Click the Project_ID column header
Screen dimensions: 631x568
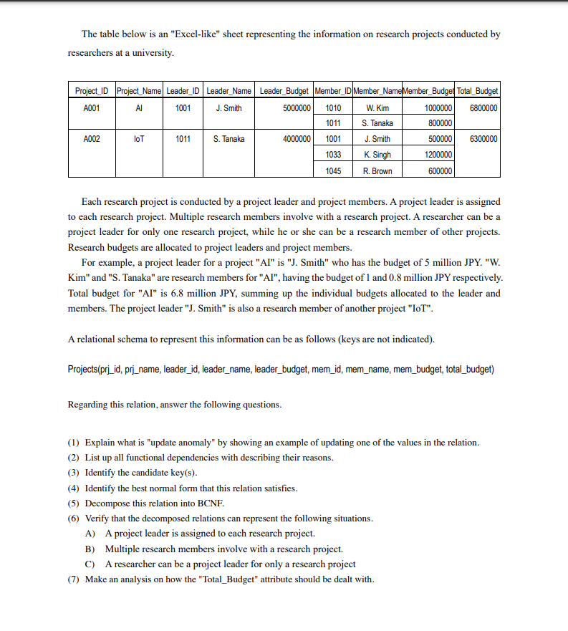click(x=90, y=91)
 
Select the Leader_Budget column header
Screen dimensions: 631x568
click(x=284, y=91)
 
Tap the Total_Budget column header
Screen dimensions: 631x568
click(x=478, y=91)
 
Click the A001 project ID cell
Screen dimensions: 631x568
click(x=90, y=107)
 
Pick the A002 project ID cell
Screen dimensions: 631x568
click(x=90, y=139)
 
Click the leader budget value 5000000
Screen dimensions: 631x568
click(x=296, y=107)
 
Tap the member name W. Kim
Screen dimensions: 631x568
click(x=377, y=107)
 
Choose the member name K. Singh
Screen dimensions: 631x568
click(x=377, y=155)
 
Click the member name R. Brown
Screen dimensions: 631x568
click(x=377, y=170)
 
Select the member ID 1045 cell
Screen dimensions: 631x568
click(x=333, y=170)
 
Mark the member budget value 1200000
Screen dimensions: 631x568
click(x=438, y=155)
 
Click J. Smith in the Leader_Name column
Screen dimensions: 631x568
click(x=228, y=107)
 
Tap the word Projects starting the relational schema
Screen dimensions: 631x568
click(x=85, y=369)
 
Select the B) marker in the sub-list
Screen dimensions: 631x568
click(x=90, y=549)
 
